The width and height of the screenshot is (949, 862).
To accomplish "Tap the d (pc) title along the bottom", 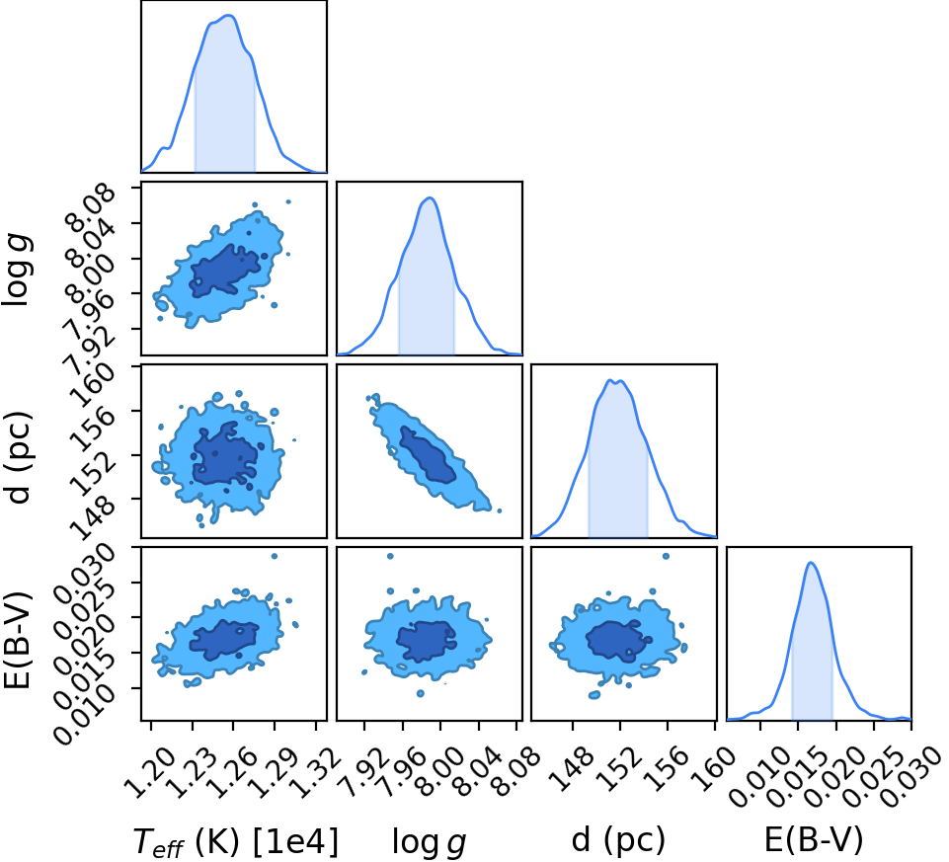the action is (x=618, y=840).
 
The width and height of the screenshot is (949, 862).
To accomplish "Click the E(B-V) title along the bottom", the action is (x=814, y=840).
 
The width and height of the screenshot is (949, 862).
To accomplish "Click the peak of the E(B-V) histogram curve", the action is (x=811, y=563).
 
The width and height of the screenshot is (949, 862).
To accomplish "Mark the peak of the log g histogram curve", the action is (x=430, y=197).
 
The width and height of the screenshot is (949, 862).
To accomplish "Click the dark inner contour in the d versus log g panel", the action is (x=428, y=454).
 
